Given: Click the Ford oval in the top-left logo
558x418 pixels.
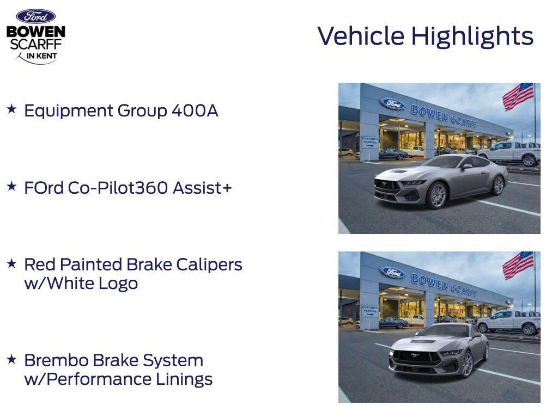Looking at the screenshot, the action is [35, 16].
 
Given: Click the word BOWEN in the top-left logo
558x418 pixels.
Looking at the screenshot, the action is [35, 32].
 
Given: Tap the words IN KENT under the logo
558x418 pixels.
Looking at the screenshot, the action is [41, 56].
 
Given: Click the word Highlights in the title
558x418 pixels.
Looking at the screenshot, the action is [472, 36].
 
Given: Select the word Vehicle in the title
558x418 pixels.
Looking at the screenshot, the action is [361, 36].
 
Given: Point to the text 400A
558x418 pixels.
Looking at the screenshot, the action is [195, 110].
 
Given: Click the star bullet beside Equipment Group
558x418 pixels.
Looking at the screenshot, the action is [12, 109].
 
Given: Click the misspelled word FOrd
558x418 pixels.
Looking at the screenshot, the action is [44, 188].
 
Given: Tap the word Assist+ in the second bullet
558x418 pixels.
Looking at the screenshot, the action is [202, 188].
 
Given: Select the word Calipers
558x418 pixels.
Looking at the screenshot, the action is [209, 265].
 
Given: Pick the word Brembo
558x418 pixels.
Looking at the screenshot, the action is [56, 360].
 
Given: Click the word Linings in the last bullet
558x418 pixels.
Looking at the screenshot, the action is [184, 379].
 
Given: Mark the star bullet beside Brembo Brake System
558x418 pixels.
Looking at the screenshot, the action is [12, 359].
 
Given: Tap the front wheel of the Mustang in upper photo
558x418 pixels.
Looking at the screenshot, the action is [438, 194].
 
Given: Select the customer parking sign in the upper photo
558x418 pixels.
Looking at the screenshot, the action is [370, 142].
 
